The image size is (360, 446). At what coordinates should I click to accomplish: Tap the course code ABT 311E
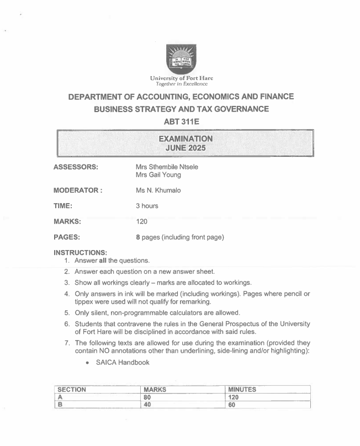181,122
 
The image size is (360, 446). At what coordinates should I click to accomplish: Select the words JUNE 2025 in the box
181,148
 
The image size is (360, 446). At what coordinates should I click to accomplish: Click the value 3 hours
147,206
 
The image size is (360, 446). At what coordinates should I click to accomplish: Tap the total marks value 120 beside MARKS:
142,222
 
